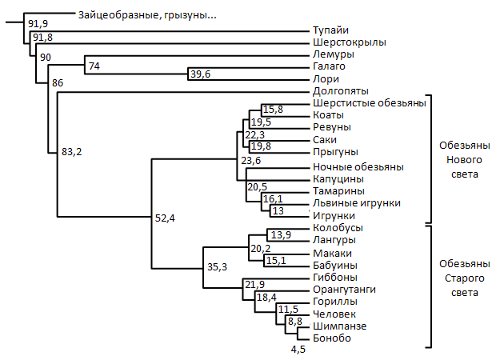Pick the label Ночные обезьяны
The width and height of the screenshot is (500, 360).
click(346, 166)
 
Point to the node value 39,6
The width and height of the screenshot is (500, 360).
click(202, 74)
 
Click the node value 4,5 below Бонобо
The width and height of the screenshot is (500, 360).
click(299, 350)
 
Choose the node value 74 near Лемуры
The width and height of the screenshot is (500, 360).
click(94, 66)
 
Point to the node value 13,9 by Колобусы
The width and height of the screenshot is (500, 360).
click(281, 234)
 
